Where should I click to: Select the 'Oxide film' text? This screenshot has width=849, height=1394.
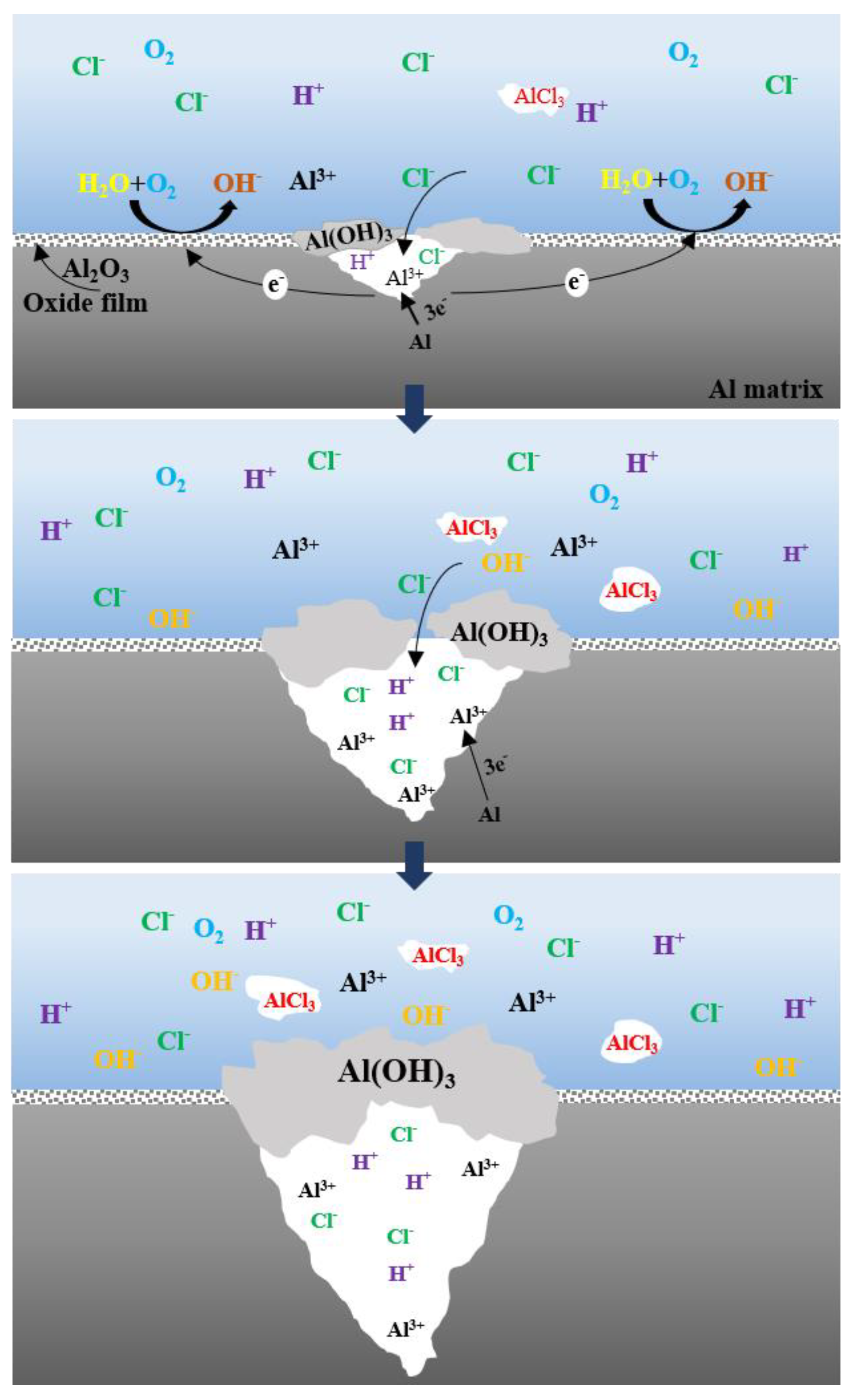click(x=85, y=304)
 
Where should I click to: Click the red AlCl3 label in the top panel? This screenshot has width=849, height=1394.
click(x=538, y=97)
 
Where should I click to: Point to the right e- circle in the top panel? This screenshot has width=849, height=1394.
click(x=576, y=281)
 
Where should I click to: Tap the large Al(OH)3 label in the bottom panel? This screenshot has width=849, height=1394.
click(x=396, y=1072)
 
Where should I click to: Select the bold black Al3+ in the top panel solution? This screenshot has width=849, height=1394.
click(x=312, y=180)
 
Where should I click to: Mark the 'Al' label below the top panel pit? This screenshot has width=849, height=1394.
click(x=419, y=341)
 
